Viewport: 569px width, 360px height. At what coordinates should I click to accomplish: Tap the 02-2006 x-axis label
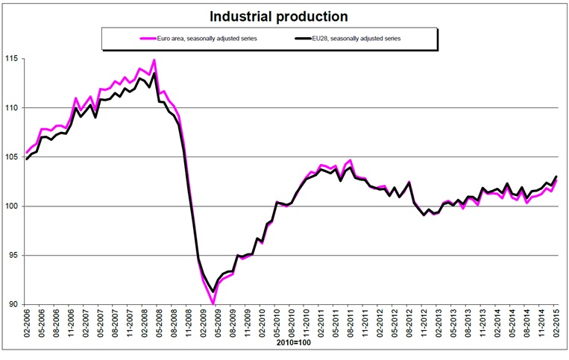28,326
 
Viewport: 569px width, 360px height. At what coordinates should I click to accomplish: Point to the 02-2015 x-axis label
556,326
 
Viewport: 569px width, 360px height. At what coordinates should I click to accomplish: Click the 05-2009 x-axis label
219,326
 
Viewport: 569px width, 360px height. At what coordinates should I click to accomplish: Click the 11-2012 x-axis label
424,326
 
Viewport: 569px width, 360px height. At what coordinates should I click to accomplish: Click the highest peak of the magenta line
154,60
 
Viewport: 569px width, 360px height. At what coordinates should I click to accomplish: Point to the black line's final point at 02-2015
556,177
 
